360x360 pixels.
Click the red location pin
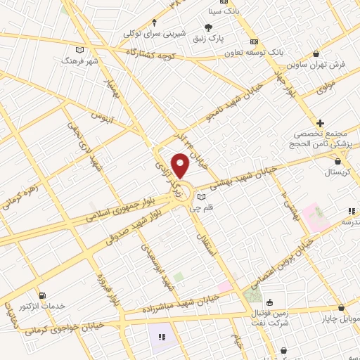tap(181, 165)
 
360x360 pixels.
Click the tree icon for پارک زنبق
tap(207, 27)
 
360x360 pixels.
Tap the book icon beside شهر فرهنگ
tap(79, 51)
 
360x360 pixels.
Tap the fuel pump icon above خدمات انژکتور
tap(44, 295)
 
